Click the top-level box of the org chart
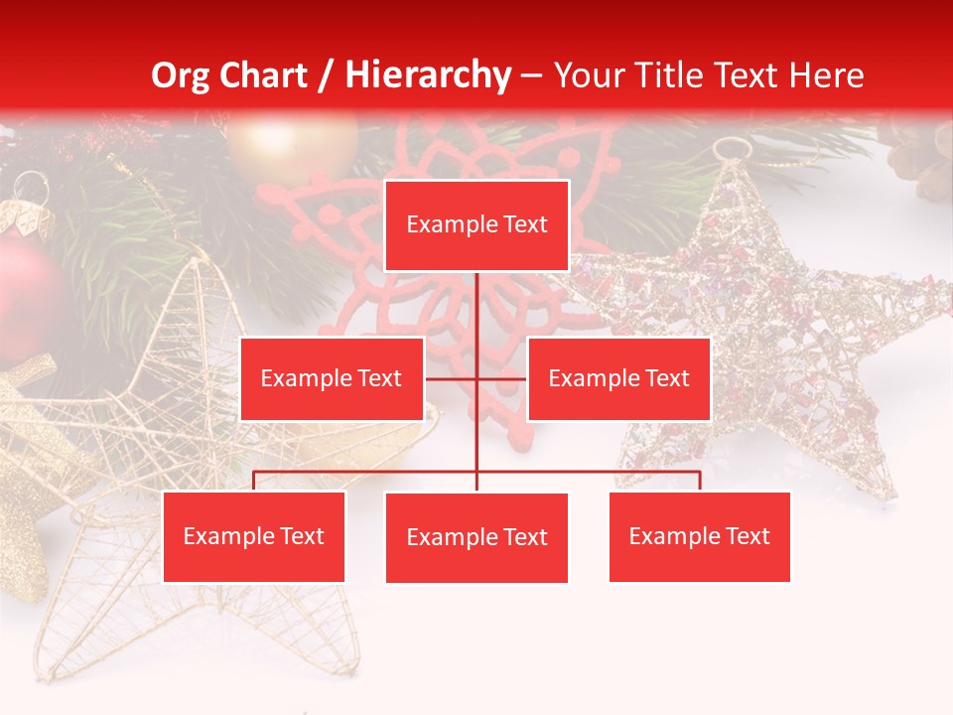coord(476,225)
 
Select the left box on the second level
coord(332,378)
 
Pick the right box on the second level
coord(618,378)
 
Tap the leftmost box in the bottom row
coord(254,536)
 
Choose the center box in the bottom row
coord(476,537)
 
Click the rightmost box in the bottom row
coord(699,536)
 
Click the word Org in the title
coord(181,75)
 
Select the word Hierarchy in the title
coord(427,75)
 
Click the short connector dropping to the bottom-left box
coord(254,481)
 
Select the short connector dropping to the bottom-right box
coord(700,481)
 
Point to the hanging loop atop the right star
coord(732,150)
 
